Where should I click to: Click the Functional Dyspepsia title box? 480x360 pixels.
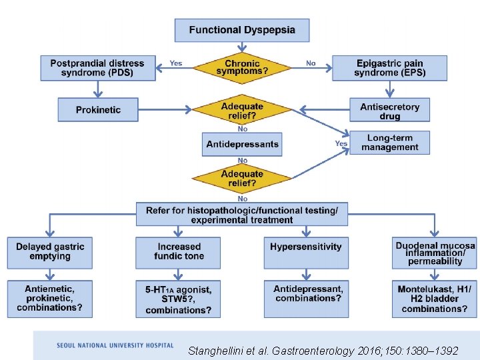(x=242, y=30)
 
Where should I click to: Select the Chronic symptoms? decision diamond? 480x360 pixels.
(x=241, y=68)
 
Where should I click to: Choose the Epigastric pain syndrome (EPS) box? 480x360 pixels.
(x=389, y=68)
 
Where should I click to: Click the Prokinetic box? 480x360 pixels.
(x=98, y=109)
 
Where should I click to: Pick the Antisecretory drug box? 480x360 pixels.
(x=389, y=111)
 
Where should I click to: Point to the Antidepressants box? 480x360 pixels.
(x=242, y=144)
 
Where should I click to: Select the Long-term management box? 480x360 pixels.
(x=390, y=143)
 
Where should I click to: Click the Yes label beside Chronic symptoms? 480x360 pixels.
(x=176, y=63)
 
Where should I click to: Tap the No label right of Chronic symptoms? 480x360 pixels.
(x=311, y=63)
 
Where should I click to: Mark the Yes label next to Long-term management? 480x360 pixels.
(x=341, y=143)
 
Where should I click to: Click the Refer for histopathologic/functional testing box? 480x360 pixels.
(x=241, y=215)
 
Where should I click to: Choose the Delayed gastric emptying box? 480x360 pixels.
(x=50, y=252)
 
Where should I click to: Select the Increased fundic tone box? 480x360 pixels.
(x=179, y=252)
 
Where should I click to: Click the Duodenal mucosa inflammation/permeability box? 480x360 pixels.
(x=435, y=253)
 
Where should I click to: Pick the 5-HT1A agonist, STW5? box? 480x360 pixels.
(x=178, y=299)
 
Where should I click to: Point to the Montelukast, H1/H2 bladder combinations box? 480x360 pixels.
(x=435, y=299)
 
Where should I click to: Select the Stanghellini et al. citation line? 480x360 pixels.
(x=323, y=349)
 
